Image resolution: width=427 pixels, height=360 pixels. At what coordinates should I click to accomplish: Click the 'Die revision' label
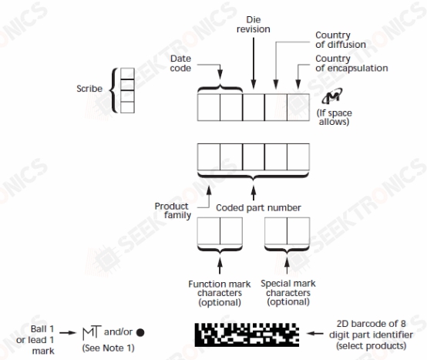(x=254, y=25)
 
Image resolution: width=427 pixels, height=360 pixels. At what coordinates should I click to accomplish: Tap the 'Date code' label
(x=180, y=63)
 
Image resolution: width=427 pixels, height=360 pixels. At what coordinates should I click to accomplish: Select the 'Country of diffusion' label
(x=341, y=40)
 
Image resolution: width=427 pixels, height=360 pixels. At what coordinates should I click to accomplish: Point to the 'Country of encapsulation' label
(x=351, y=63)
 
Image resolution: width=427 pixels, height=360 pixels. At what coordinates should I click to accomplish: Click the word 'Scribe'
(x=89, y=89)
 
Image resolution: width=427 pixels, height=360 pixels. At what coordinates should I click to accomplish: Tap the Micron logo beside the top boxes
(x=332, y=96)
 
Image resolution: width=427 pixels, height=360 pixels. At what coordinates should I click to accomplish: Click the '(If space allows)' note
(x=335, y=117)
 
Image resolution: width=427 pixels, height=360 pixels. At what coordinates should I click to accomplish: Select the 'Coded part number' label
(x=258, y=208)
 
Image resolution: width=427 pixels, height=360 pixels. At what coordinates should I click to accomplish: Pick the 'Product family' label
(x=173, y=210)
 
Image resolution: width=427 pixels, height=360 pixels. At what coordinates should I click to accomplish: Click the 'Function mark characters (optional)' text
(x=220, y=293)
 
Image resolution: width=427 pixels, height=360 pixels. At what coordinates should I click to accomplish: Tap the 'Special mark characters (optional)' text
(x=288, y=293)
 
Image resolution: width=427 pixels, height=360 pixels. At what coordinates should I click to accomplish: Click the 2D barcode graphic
(x=247, y=335)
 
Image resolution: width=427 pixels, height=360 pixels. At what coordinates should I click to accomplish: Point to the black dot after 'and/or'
(x=140, y=332)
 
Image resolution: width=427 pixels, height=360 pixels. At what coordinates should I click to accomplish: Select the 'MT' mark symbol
(x=92, y=332)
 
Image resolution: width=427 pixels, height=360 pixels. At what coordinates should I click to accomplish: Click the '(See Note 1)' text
(x=109, y=348)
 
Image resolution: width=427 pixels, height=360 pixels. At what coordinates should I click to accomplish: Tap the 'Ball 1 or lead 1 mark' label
(x=35, y=340)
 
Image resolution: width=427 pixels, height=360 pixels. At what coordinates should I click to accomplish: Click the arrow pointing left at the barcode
(x=314, y=333)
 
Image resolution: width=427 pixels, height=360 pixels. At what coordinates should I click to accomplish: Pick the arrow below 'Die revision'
(x=254, y=63)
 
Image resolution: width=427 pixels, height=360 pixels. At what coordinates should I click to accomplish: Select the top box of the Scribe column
(x=127, y=73)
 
